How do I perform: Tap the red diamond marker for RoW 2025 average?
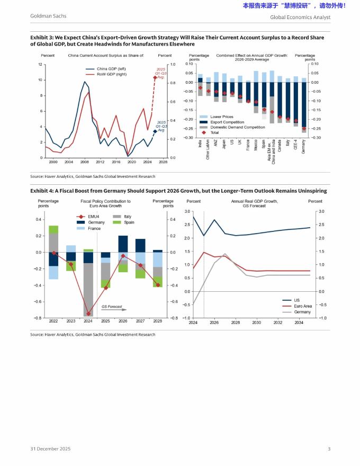click(155, 78)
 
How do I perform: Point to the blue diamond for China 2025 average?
click(155, 131)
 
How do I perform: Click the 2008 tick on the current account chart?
click(85, 163)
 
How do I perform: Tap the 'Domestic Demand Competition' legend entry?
click(238, 127)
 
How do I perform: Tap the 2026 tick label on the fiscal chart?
click(123, 321)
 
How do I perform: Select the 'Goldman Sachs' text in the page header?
click(48, 16)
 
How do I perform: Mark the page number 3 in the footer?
click(329, 449)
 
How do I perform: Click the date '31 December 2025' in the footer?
click(50, 449)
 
